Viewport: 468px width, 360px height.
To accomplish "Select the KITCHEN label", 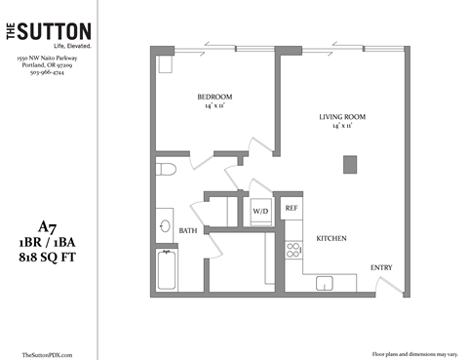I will (x=331, y=239).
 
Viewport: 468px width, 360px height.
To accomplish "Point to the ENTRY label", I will (x=381, y=268).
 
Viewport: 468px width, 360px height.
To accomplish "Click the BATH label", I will (x=189, y=230).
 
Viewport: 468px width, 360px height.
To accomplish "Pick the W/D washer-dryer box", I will (x=260, y=211).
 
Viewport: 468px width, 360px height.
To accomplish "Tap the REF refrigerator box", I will (x=291, y=209).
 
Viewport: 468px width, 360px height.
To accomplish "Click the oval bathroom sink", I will (x=163, y=226).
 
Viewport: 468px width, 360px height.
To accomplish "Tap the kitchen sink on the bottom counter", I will (x=325, y=283).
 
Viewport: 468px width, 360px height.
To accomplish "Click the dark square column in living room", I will (x=349, y=164).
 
